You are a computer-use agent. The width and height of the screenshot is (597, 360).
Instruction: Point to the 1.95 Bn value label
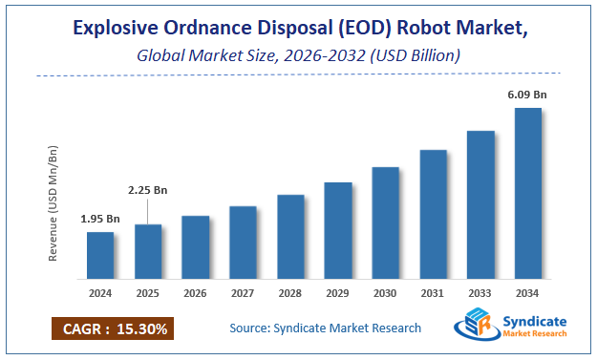point(99,219)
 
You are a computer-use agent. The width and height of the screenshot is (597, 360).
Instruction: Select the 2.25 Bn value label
point(148,188)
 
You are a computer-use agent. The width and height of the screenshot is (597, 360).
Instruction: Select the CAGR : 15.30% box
point(111,329)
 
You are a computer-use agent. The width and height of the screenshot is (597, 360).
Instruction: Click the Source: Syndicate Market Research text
point(325,328)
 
